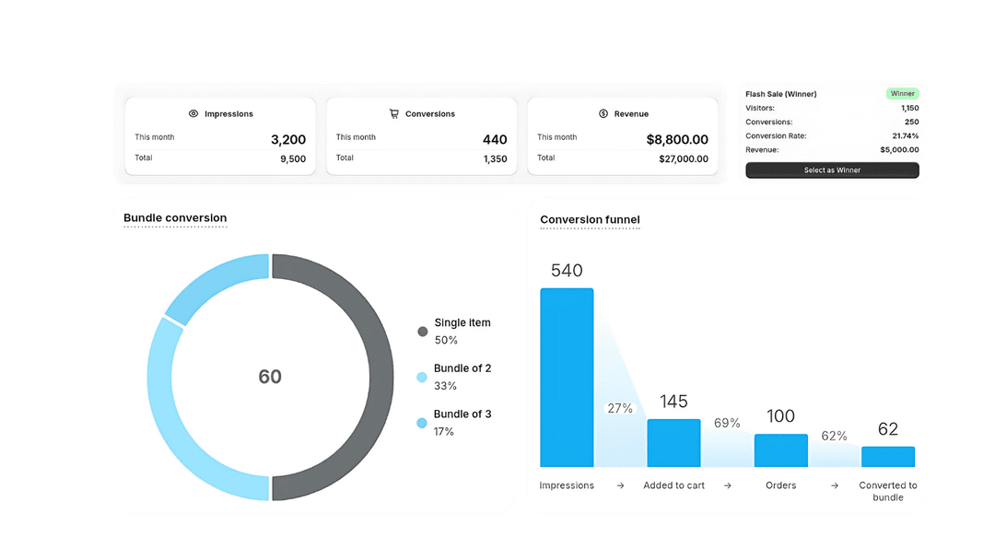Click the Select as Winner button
click(832, 170)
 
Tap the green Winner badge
click(902, 94)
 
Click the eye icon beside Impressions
click(193, 114)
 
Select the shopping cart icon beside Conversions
click(394, 114)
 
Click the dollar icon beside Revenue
click(603, 114)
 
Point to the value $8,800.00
click(677, 140)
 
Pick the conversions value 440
click(495, 140)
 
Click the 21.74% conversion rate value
click(904, 136)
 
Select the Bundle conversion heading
click(175, 218)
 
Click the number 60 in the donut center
click(270, 377)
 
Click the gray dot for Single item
click(423, 331)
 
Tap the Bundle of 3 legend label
click(462, 414)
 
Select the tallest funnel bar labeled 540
click(567, 378)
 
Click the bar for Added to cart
click(673, 443)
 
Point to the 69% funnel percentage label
click(728, 423)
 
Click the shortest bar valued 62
click(888, 457)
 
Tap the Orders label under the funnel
click(780, 485)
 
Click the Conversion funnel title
click(590, 219)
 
